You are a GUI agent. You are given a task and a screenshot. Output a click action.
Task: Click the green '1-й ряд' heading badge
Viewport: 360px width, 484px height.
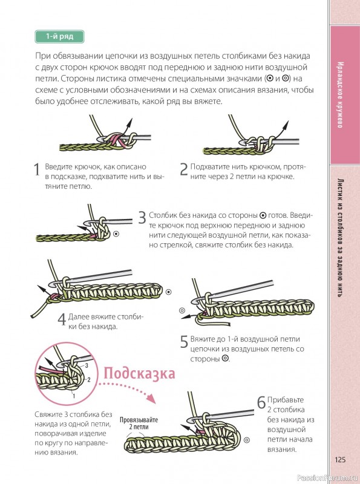59,37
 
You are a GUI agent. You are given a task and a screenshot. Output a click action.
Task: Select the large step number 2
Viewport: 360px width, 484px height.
184,170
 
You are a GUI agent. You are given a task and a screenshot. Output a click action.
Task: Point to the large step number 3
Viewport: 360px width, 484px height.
142,218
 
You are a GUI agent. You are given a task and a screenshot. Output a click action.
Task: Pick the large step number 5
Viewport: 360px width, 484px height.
184,342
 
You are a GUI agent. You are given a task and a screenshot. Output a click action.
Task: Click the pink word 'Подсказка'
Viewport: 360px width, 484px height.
140,373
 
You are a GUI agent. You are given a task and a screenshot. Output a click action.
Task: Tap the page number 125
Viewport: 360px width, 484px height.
339,460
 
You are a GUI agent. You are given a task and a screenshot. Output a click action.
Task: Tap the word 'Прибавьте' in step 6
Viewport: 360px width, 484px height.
283,400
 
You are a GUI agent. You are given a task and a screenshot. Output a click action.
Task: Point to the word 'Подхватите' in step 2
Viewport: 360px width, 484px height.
210,166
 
